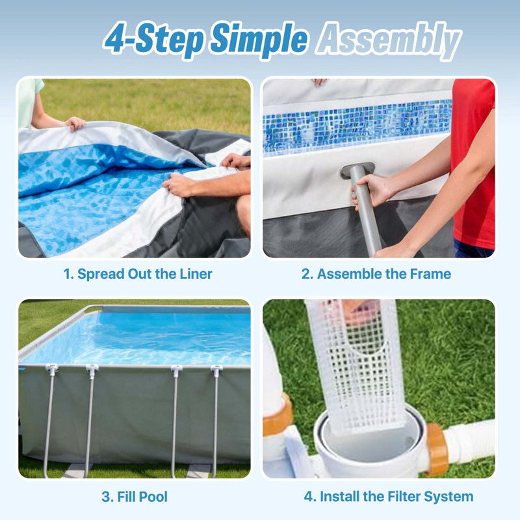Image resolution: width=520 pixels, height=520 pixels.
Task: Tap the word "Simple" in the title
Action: pyautogui.click(x=259, y=39)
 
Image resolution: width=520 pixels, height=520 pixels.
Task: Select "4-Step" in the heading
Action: pyautogui.click(x=154, y=40)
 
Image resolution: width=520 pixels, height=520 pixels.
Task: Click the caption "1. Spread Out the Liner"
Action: pyautogui.click(x=138, y=274)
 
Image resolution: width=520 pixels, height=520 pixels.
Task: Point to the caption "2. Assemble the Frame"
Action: pyautogui.click(x=376, y=274)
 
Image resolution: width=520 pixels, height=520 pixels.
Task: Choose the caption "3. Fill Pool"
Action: pyautogui.click(x=135, y=497)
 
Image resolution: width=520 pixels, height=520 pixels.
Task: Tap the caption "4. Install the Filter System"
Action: pyautogui.click(x=388, y=497)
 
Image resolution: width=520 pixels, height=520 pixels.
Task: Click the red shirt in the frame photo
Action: pyautogui.click(x=473, y=159)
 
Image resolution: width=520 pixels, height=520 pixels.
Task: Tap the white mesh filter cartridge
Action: pyautogui.click(x=356, y=365)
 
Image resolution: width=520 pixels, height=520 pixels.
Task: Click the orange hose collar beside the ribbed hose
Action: pyautogui.click(x=437, y=448)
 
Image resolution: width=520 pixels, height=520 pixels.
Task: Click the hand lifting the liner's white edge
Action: pyautogui.click(x=75, y=123)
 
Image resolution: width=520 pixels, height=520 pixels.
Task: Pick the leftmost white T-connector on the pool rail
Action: pyautogui.click(x=52, y=368)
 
